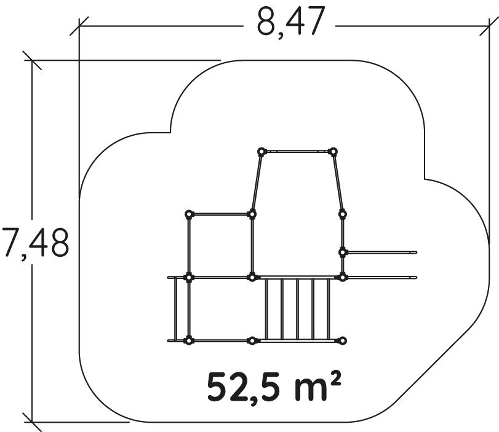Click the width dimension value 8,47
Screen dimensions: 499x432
click(291, 22)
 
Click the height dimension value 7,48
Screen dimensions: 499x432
click(35, 242)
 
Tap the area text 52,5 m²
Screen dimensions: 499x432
click(274, 387)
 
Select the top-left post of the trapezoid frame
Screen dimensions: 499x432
click(261, 152)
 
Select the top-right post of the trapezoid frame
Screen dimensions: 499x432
click(333, 152)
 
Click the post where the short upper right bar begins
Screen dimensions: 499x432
click(343, 253)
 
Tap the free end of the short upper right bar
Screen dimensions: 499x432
click(415, 253)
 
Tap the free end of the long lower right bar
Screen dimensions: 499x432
click(415, 278)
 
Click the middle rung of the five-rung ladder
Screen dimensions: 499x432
click(298, 309)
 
